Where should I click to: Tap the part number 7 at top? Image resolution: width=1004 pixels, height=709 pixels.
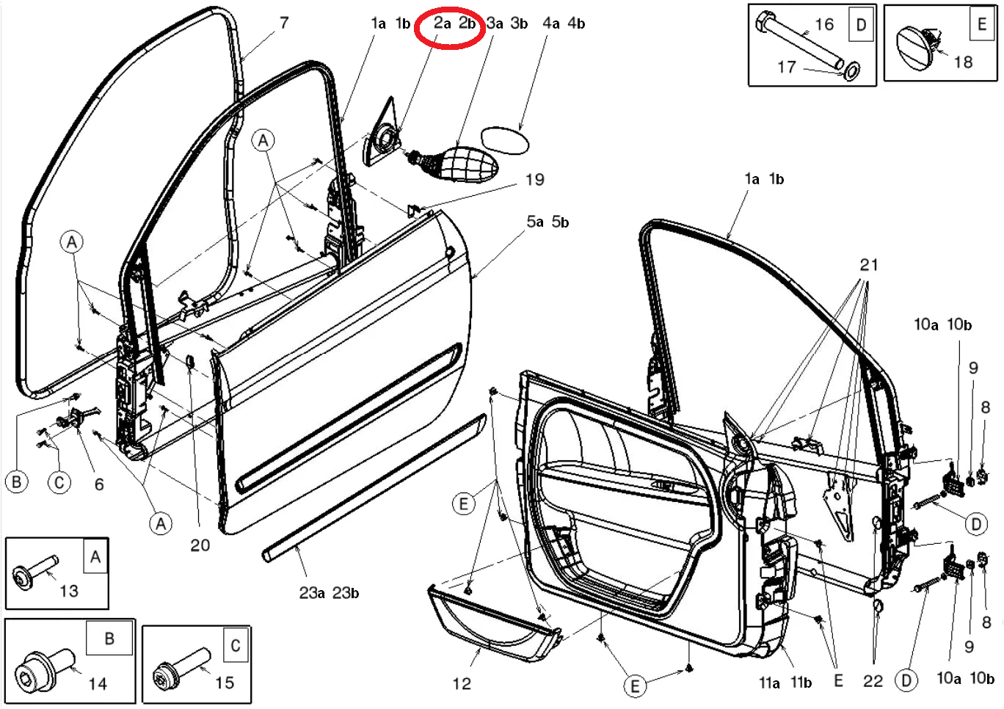[x=284, y=23]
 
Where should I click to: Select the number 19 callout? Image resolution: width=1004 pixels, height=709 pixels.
[x=535, y=180]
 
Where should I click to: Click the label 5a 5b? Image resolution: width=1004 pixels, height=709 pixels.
[x=548, y=222]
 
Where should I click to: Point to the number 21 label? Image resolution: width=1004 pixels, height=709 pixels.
[x=869, y=265]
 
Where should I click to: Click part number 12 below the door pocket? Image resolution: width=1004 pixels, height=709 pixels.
[x=462, y=684]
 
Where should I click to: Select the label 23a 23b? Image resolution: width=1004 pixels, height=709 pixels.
[x=329, y=593]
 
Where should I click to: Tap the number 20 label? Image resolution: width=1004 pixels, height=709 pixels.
[x=200, y=545]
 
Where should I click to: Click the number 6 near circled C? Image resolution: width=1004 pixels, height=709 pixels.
[x=99, y=484]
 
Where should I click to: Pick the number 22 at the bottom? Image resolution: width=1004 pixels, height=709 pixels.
[x=873, y=681]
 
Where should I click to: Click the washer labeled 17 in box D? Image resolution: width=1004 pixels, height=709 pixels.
[x=852, y=72]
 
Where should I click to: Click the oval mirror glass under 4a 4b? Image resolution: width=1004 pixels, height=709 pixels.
[x=504, y=139]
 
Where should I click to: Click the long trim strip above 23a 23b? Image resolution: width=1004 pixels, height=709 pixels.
[x=374, y=488]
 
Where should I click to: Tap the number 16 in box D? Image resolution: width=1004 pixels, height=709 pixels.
[x=824, y=25]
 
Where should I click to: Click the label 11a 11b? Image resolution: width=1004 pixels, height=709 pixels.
[x=785, y=683]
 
